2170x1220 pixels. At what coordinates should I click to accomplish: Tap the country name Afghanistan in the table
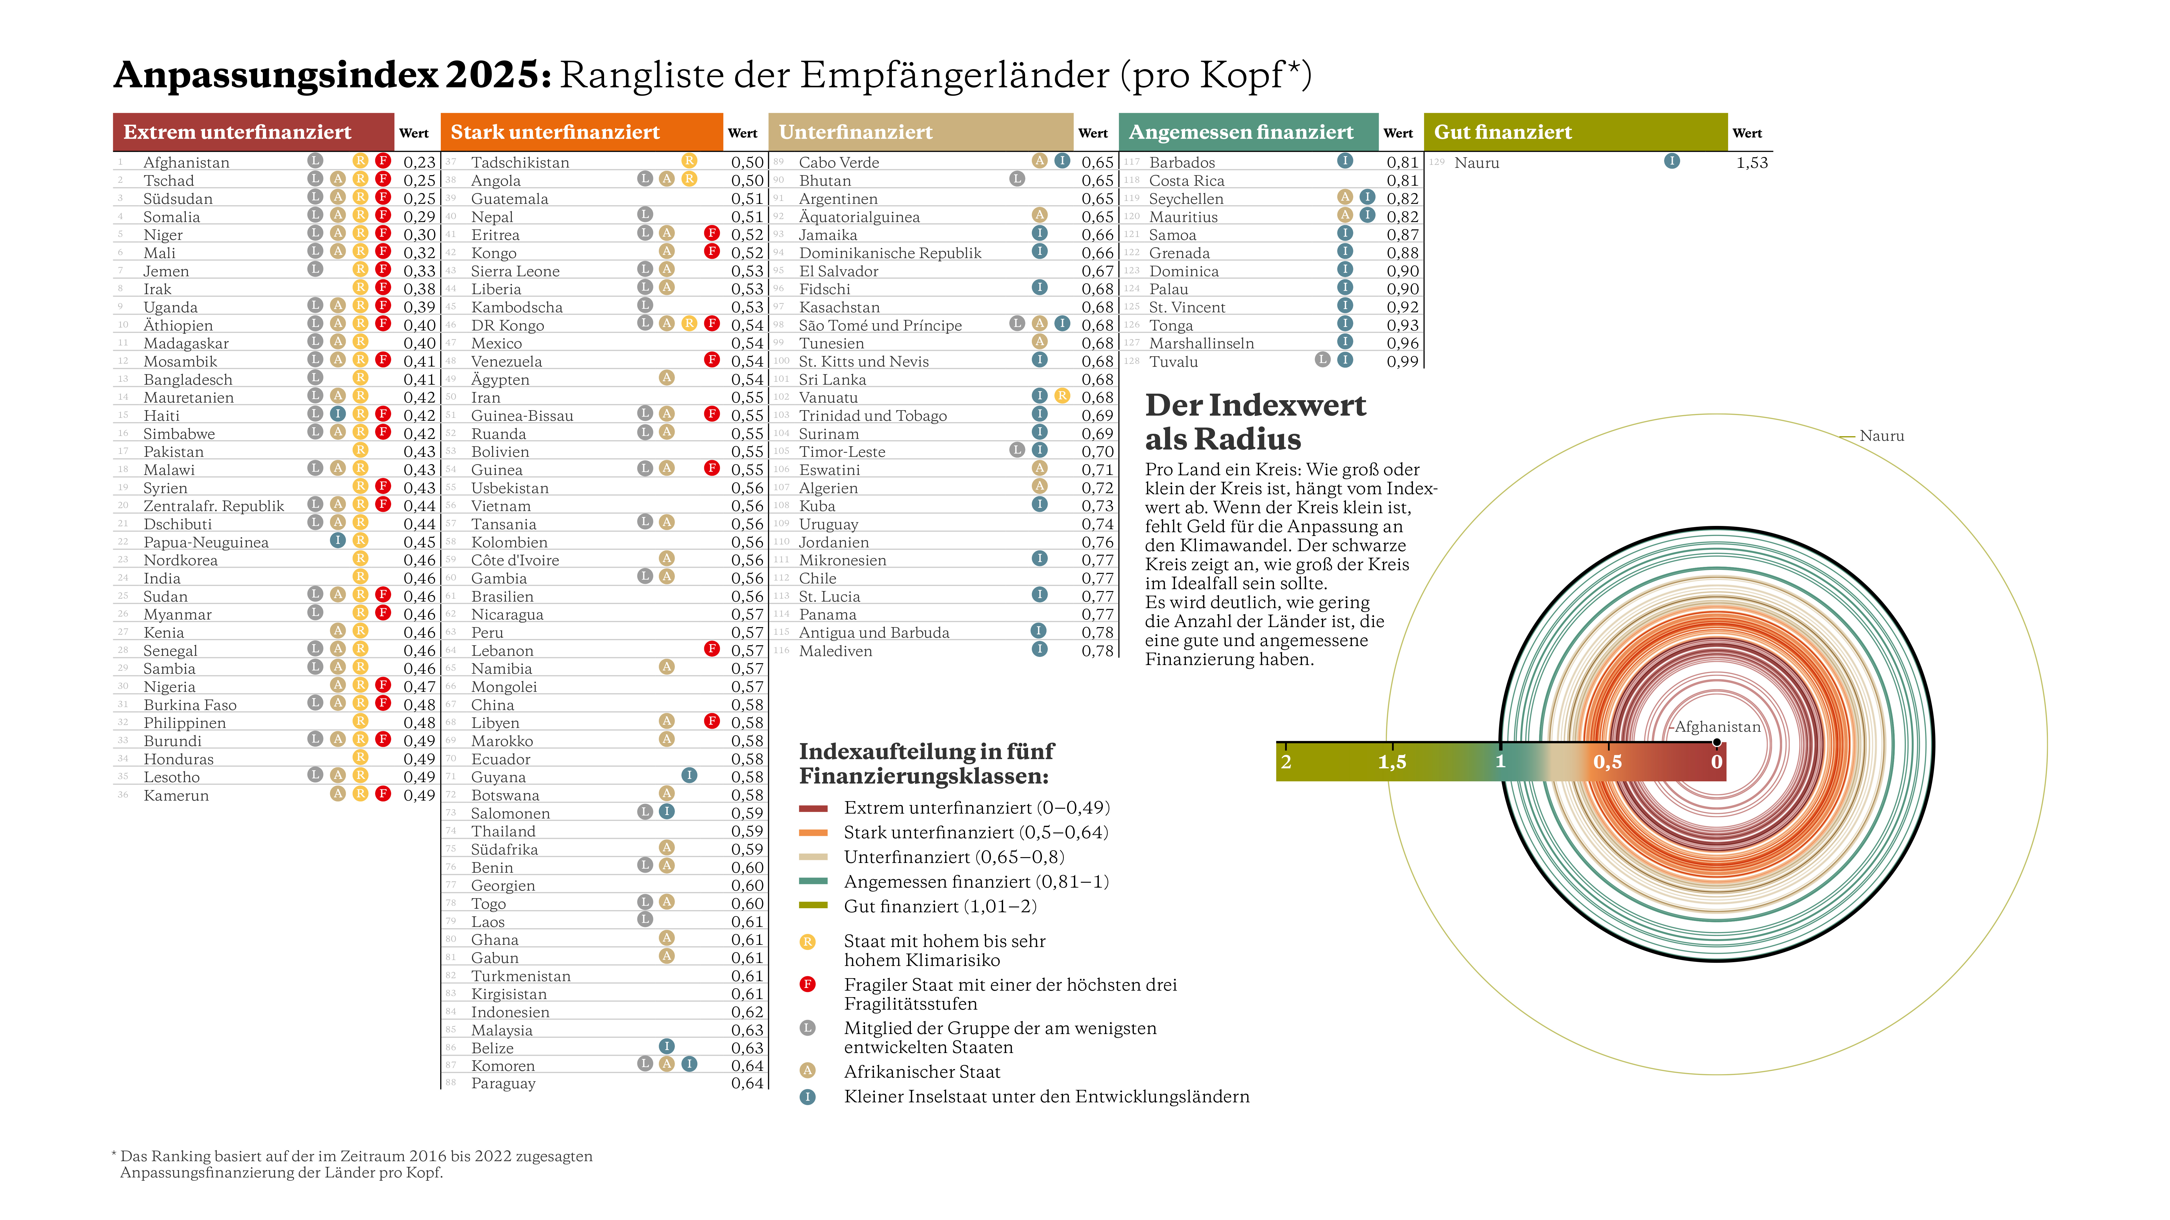(186, 162)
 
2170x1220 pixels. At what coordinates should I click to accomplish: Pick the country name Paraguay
(503, 1084)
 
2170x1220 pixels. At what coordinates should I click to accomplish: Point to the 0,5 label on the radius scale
(1607, 762)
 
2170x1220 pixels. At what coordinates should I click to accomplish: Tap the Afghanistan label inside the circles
(1717, 727)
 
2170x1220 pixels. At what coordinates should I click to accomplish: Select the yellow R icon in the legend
(807, 942)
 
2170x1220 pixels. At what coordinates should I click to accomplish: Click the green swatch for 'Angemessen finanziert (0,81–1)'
(813, 882)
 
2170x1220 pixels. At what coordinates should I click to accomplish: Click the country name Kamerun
(176, 796)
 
